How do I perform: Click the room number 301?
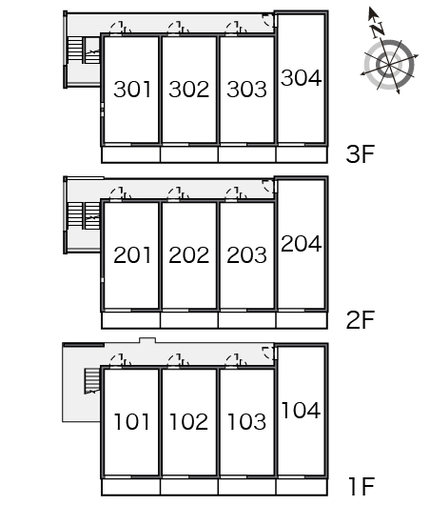click(x=132, y=90)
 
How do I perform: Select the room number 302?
click(x=188, y=90)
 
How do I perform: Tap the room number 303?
click(x=246, y=90)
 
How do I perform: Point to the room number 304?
click(x=301, y=77)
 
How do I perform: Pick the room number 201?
click(x=132, y=255)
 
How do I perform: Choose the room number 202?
click(x=188, y=255)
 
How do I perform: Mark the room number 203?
click(x=246, y=255)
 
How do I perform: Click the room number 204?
click(x=301, y=244)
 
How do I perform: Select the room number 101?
click(x=132, y=421)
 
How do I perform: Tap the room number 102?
click(x=188, y=421)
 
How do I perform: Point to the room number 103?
click(x=246, y=421)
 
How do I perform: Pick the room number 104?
click(x=301, y=410)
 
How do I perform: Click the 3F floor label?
click(x=361, y=154)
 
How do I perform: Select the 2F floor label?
click(x=361, y=319)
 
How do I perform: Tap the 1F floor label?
click(x=362, y=486)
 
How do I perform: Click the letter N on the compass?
click(x=378, y=30)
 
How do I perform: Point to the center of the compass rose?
click(x=389, y=65)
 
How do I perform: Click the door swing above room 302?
click(x=179, y=28)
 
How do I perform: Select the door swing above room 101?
click(x=120, y=360)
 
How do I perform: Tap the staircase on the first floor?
click(x=92, y=381)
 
